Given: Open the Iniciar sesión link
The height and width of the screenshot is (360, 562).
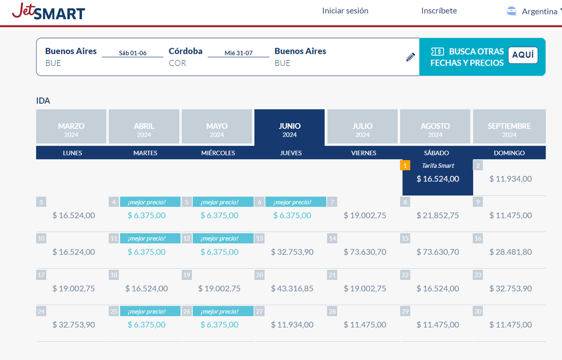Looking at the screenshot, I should pos(345,11).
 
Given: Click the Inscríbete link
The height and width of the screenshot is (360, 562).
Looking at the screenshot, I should pos(439,11).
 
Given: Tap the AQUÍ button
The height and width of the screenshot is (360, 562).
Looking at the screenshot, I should pos(523,55).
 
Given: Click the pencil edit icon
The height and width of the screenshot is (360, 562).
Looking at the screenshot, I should pos(411,57).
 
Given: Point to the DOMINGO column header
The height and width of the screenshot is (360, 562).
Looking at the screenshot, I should pos(509,153).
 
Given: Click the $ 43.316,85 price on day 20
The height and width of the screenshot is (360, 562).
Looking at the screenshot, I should pos(292,289).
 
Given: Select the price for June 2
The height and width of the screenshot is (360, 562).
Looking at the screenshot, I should pos(510,179).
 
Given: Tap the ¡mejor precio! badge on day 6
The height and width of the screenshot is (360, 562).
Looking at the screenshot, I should pos(296,202).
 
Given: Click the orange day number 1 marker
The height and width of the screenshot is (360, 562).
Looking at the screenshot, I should pos(406,165).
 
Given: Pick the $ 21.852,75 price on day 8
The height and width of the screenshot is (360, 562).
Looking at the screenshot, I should pos(438,216).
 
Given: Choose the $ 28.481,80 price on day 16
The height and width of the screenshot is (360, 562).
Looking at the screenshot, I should pos(510,252).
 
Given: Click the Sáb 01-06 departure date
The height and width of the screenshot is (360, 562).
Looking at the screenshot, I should pos(133,53).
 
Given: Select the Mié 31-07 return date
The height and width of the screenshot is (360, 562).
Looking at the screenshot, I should pos(238,53).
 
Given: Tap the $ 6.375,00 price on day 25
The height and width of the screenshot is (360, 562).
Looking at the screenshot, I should pos(147,325).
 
